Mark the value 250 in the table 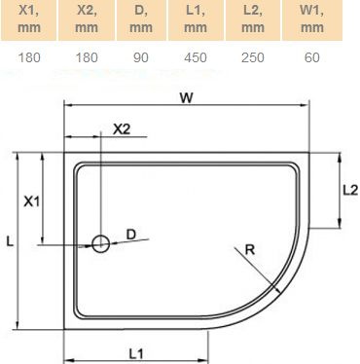[253, 57]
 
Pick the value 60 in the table [310, 57]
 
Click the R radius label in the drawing [251, 251]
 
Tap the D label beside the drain [131, 234]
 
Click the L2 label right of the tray [349, 191]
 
